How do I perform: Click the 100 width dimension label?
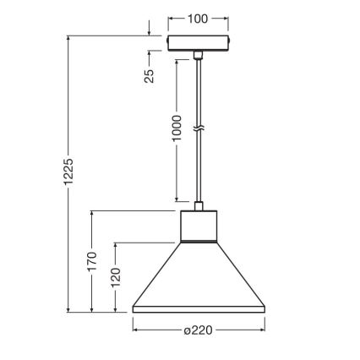point(199,17)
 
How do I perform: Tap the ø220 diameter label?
point(199,331)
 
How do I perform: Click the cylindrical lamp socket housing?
point(199,226)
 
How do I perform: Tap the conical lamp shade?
point(199,279)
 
